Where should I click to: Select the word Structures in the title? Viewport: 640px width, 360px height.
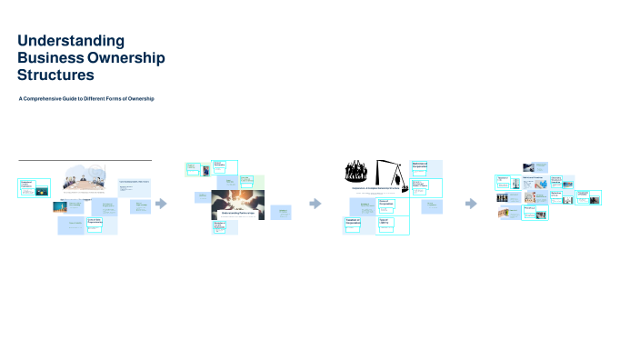55,75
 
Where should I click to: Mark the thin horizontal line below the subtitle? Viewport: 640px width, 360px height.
85,161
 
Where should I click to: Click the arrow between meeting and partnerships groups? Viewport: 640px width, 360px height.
162,204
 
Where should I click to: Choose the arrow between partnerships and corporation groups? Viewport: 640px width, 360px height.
315,204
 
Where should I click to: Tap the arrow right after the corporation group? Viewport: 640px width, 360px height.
470,204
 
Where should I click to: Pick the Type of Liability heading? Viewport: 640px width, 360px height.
385,221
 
